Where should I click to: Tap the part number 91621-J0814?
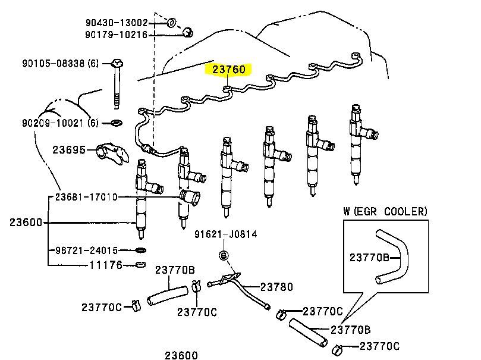click(225, 234)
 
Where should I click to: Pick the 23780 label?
click(277, 287)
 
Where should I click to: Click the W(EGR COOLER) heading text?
click(385, 211)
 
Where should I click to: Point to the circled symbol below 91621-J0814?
click(224, 256)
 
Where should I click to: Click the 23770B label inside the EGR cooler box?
click(369, 257)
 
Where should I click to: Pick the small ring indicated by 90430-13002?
click(171, 23)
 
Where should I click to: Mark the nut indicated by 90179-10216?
click(187, 32)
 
